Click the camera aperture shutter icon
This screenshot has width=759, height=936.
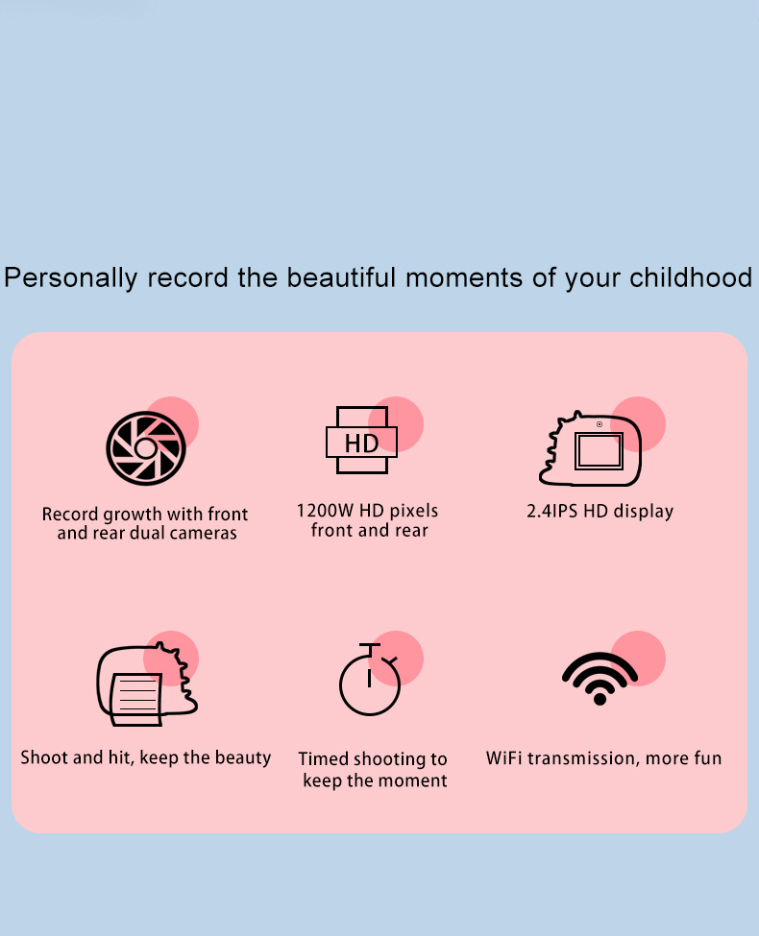tap(146, 447)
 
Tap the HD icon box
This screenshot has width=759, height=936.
tap(361, 441)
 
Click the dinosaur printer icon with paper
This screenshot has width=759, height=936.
tap(147, 684)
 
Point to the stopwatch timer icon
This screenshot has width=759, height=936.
tap(370, 680)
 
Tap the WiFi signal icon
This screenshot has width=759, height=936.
tap(600, 679)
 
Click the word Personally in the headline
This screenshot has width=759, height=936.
tap(70, 278)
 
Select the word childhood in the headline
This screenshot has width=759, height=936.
tap(691, 277)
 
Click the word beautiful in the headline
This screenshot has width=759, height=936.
tap(341, 277)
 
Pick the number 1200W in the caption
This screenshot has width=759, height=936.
tap(325, 511)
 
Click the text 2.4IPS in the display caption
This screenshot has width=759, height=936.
tap(551, 512)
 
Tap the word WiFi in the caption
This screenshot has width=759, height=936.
tap(503, 758)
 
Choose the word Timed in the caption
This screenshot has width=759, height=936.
tap(324, 758)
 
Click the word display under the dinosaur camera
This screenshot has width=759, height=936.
tap(644, 513)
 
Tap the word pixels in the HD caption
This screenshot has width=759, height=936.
tap(413, 512)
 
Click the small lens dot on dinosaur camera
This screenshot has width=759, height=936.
tap(600, 424)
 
